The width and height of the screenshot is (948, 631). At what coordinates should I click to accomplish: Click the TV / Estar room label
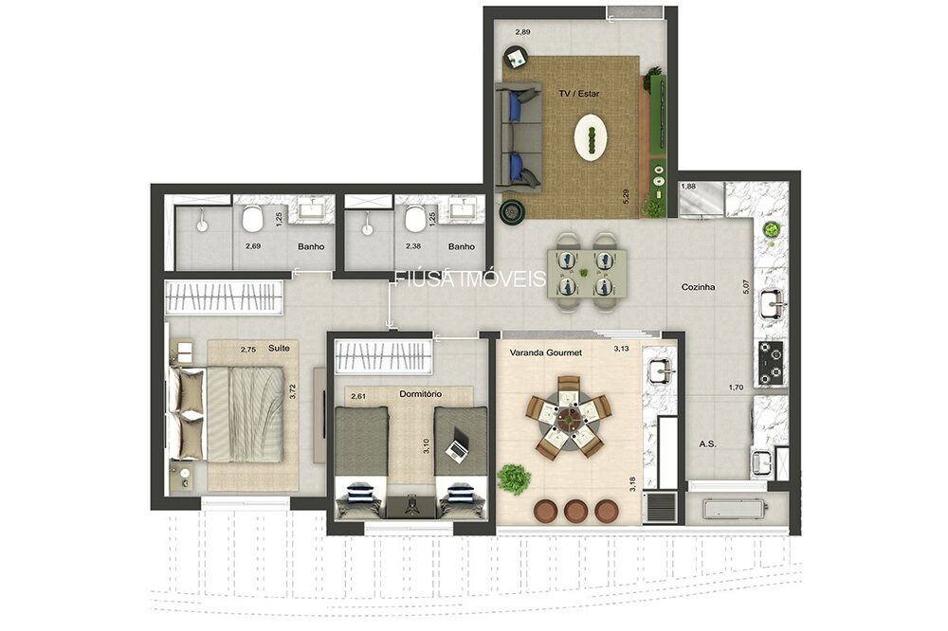(578, 95)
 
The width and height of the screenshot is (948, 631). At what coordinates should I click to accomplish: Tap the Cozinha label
(697, 286)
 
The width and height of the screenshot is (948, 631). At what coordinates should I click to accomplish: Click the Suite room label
(279, 349)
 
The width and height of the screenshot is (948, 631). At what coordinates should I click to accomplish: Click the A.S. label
(707, 442)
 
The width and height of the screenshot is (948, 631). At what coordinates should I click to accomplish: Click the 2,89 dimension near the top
(522, 32)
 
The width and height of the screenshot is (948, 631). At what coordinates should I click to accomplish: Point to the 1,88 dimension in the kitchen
(688, 187)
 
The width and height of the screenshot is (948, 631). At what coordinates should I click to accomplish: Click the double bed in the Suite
(232, 414)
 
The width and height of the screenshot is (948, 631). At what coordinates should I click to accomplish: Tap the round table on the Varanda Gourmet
(569, 415)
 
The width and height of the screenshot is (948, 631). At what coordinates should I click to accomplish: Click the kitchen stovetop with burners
(770, 363)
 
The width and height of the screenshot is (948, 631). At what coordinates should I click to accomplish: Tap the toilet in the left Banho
(252, 220)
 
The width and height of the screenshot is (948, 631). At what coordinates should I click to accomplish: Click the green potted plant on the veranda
(514, 478)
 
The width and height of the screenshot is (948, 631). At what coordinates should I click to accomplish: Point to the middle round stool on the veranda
(574, 511)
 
